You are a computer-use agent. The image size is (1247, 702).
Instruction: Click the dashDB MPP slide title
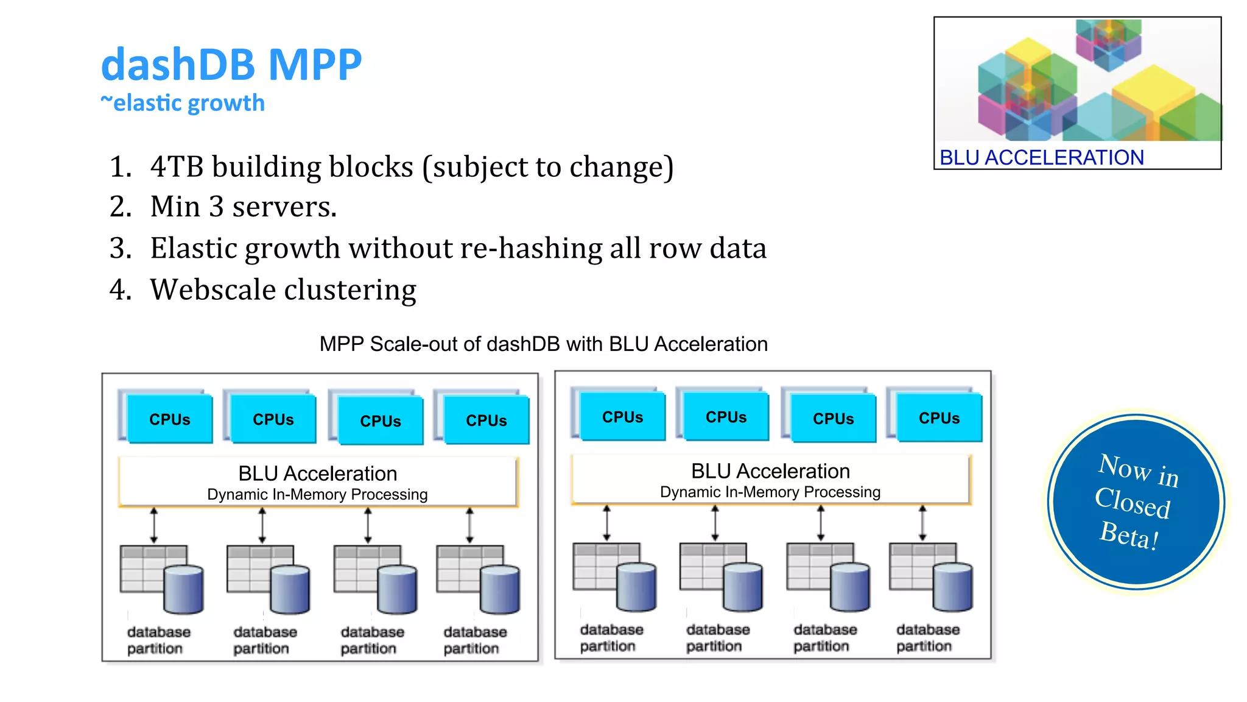click(x=231, y=65)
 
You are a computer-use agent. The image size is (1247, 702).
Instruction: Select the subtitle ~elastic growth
click(x=183, y=103)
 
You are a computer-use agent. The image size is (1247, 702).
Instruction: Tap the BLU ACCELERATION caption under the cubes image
click(x=1041, y=157)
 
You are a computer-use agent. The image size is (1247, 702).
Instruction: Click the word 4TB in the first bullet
click(x=177, y=167)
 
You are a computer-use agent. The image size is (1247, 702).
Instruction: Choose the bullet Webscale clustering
click(x=283, y=289)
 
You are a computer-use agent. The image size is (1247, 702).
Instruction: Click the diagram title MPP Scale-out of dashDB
click(x=543, y=344)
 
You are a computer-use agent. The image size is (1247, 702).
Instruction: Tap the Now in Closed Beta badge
click(x=1136, y=502)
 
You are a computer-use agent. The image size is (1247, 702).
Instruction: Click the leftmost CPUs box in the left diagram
click(x=170, y=419)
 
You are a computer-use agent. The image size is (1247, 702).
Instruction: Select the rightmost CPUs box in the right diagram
click(x=939, y=417)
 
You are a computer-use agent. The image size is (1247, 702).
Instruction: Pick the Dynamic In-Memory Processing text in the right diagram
click(x=770, y=492)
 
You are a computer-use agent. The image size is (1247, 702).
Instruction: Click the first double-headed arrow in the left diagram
click(x=154, y=525)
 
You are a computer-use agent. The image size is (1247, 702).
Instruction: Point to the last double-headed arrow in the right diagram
click(x=922, y=523)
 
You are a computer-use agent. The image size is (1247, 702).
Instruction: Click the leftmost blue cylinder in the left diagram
click(x=183, y=590)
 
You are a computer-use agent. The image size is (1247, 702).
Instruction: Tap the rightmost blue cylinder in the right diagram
click(x=952, y=587)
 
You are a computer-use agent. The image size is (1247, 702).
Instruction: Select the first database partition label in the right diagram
click(x=611, y=637)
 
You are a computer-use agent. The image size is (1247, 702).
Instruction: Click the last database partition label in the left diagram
click(x=474, y=640)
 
